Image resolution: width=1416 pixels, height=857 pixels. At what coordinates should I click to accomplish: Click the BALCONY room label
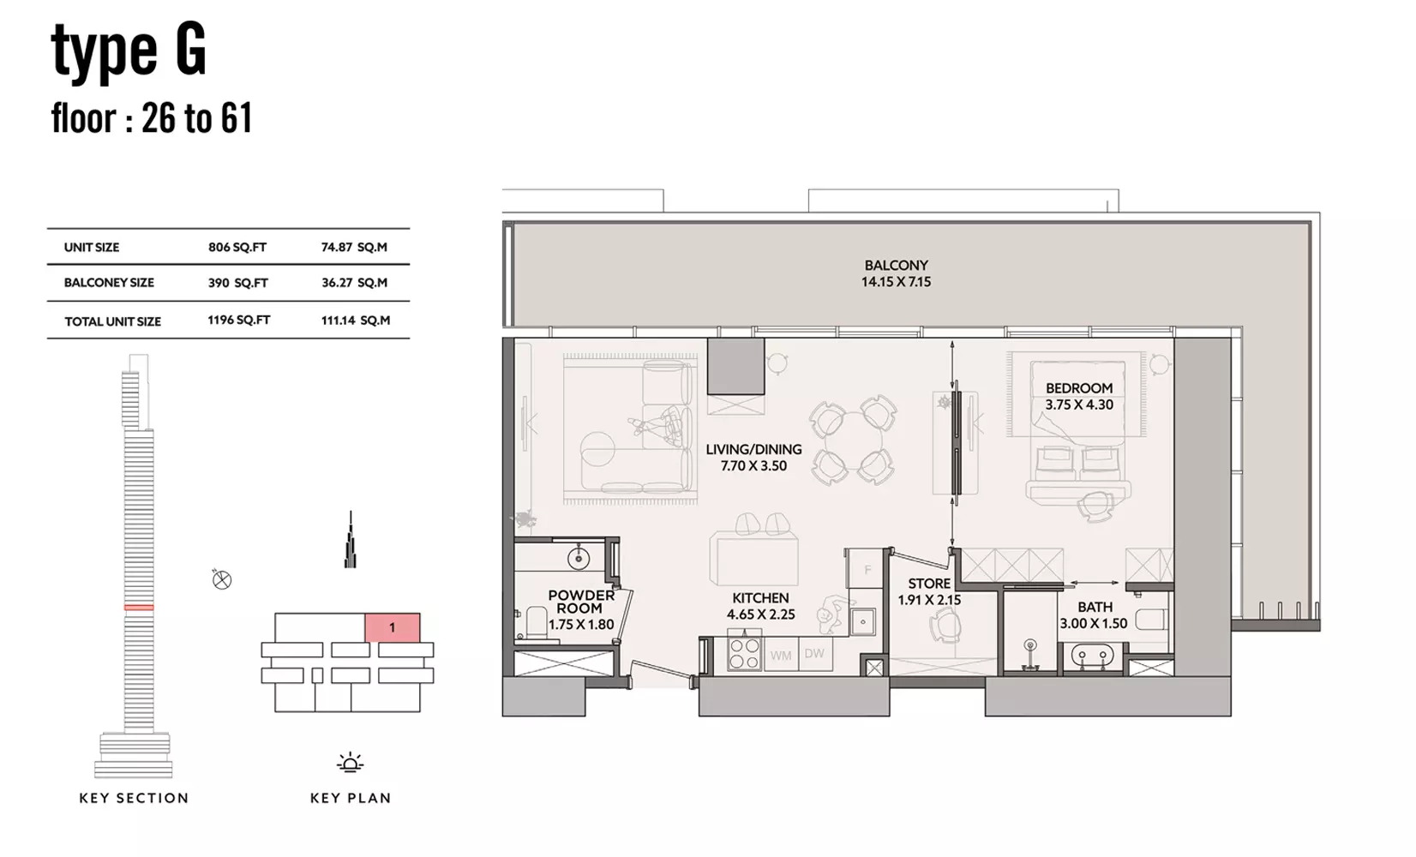(x=896, y=266)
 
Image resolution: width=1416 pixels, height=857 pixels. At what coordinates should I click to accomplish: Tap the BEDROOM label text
(x=1078, y=388)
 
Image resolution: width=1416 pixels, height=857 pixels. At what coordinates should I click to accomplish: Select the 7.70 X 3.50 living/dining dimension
(x=753, y=466)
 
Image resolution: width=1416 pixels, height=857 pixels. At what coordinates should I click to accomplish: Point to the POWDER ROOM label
(x=581, y=602)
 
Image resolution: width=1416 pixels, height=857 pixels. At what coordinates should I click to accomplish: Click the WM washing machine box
(x=781, y=655)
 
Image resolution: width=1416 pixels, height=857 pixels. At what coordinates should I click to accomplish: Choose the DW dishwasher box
(x=815, y=654)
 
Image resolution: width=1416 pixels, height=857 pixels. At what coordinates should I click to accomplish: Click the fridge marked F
(x=867, y=569)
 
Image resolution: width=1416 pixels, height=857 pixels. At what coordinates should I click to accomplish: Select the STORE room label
(x=928, y=584)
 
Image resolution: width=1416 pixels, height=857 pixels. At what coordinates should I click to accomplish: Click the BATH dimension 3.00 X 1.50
(x=1093, y=624)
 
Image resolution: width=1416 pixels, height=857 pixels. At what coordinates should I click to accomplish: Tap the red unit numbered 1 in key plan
(x=392, y=627)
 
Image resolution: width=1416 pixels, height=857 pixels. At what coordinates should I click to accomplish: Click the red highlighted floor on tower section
(x=139, y=608)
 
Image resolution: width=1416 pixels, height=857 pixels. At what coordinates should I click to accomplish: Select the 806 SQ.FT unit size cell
(x=237, y=247)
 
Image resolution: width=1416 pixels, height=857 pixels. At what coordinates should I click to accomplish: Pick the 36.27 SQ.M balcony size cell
(x=354, y=283)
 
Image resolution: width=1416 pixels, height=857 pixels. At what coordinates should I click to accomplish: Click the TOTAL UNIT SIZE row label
(x=112, y=321)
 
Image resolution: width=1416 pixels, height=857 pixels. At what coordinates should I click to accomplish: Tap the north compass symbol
(x=221, y=579)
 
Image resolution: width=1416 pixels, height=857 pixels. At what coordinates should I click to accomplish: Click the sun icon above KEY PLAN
(x=351, y=763)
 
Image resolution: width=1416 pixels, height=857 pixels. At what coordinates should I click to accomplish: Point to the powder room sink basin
(x=579, y=558)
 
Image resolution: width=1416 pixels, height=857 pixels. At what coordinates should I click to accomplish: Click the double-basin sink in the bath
(x=1092, y=656)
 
